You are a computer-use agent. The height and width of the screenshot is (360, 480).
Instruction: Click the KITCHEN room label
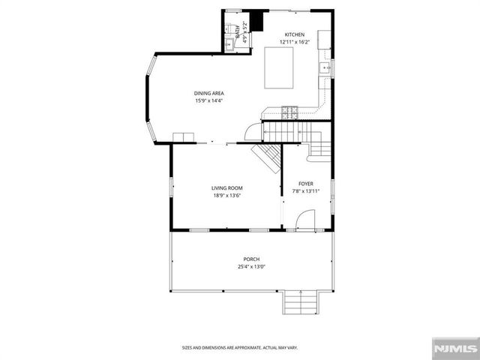[x=294, y=35]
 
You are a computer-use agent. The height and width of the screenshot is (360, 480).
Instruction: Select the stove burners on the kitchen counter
[x=289, y=113]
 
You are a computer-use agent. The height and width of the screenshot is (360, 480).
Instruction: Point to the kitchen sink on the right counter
[x=325, y=69]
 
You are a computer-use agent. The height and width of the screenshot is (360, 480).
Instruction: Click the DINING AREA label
[x=208, y=93]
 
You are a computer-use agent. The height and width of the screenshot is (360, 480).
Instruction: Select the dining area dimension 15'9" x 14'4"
[x=208, y=100]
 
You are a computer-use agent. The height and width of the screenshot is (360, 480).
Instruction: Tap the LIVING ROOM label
[x=226, y=188]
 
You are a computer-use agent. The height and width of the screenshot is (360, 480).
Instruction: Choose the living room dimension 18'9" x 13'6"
[x=226, y=196]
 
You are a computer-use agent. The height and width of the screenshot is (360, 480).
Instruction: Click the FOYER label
[x=306, y=184]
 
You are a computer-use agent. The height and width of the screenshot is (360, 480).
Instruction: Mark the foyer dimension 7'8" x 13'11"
[x=306, y=191]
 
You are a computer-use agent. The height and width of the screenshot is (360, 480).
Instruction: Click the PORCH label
[x=251, y=259]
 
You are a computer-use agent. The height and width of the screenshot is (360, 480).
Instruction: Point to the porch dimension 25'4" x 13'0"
[x=251, y=267]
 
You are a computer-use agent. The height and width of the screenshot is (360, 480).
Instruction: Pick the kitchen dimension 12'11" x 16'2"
[x=294, y=43]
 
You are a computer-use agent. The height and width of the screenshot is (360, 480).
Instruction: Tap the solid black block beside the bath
[x=258, y=21]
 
